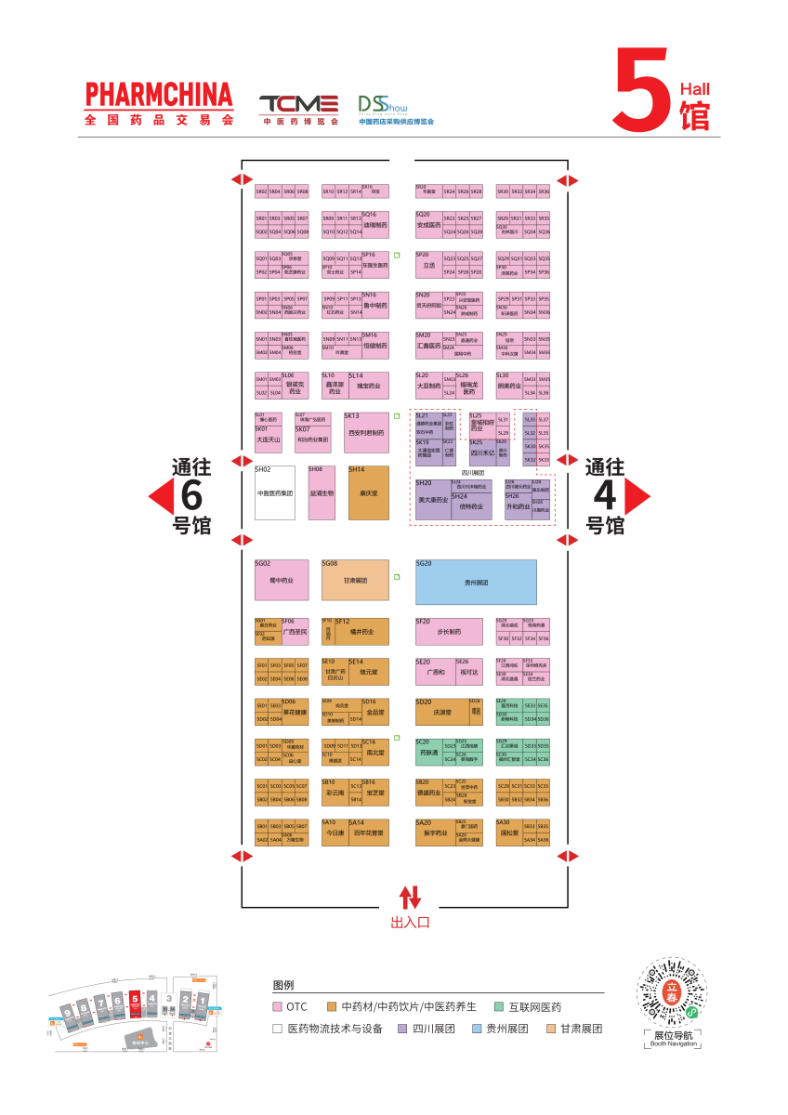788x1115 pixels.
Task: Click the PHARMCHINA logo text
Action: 158,95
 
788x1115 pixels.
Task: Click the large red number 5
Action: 642,89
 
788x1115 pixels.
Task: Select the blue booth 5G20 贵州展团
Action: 476,583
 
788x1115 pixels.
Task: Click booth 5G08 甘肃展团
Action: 355,581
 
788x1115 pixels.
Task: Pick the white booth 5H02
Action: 275,492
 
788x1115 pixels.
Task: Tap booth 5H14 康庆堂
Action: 369,492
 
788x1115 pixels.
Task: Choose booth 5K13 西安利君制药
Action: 365,432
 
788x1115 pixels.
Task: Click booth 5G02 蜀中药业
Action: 281,581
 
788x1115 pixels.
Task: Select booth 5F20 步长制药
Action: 449,631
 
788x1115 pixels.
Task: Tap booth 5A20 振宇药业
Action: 435,832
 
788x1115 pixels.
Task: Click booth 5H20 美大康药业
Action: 433,500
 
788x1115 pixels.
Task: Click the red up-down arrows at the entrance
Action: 410,897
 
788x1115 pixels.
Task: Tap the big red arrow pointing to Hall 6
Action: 162,497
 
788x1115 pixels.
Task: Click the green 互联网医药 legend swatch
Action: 499,1006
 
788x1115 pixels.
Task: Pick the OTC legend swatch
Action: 277,1006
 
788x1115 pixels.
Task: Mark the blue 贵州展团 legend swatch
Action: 477,1029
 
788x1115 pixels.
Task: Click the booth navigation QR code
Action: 672,991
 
